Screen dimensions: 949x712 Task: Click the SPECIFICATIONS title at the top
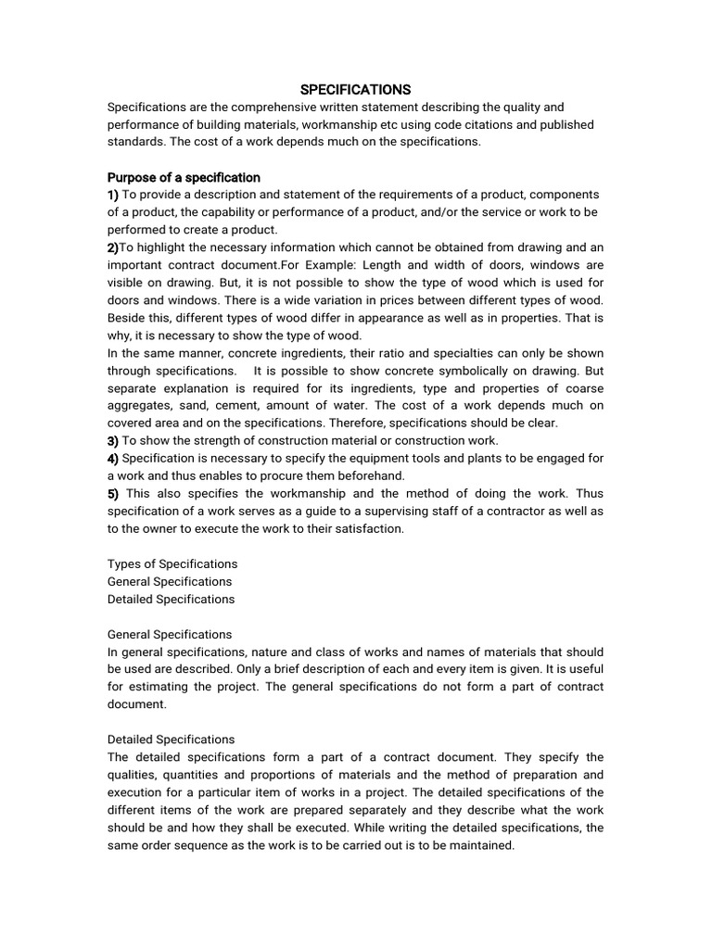[355, 90]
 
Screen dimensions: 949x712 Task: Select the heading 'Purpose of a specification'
[184, 177]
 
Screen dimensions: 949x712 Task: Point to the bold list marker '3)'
[113, 440]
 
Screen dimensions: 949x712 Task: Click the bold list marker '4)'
[113, 458]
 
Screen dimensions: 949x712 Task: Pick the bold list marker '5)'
[114, 493]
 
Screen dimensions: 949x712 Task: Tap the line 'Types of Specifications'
[172, 563]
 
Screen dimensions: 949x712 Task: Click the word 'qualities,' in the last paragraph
[134, 775]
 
